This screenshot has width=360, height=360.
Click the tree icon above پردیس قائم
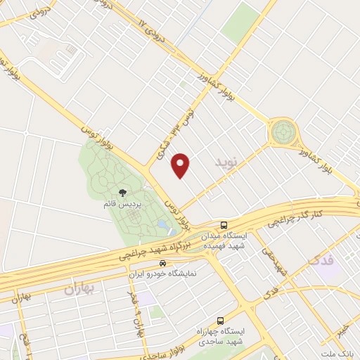(123, 192)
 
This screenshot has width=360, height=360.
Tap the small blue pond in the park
(163, 225)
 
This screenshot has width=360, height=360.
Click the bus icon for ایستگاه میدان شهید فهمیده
(224, 226)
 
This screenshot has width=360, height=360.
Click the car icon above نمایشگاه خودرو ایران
(162, 263)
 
